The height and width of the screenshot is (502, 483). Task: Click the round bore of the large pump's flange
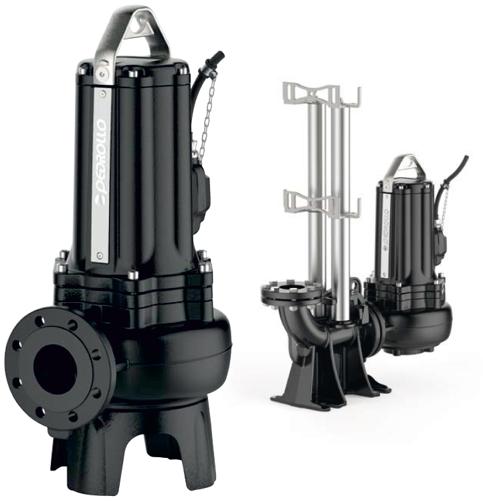(x=55, y=364)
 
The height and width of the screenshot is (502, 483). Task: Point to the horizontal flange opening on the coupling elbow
(x=291, y=288)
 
